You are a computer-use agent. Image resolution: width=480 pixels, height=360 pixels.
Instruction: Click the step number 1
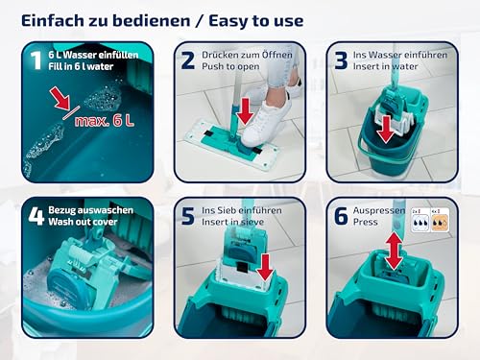point(36,61)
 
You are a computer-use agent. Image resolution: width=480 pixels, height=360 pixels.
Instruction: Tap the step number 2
point(188,61)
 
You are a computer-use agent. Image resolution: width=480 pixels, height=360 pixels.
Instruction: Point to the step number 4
point(36,217)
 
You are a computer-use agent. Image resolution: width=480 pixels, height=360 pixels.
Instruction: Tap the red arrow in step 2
point(245,113)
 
